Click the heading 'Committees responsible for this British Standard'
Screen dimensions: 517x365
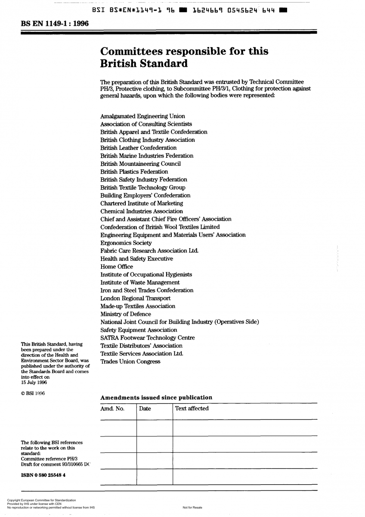tap(184, 57)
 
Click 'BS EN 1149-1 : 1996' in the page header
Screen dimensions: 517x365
tap(55, 24)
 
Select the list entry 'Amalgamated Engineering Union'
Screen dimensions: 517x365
tap(142, 116)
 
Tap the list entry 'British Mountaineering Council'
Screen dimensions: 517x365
tap(140, 164)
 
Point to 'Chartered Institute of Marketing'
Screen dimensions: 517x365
tap(142, 203)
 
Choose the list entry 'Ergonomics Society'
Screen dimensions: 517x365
tap(126, 243)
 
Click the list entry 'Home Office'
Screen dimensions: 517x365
tap(117, 267)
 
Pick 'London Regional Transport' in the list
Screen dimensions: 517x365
tap(135, 298)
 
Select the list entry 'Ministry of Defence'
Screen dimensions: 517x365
tap(126, 314)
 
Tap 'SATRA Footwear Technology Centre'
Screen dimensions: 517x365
tap(147, 338)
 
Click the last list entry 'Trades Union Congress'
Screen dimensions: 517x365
tap(130, 361)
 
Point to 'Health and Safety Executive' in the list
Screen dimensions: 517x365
tap(136, 259)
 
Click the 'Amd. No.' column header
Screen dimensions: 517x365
tap(112, 409)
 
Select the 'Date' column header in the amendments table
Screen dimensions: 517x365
tap(145, 409)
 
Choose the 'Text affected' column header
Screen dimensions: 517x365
tap(192, 408)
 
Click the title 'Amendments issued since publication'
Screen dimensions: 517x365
tap(156, 398)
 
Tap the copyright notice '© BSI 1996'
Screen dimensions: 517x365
tap(33, 393)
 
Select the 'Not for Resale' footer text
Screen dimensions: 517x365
tap(192, 508)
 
